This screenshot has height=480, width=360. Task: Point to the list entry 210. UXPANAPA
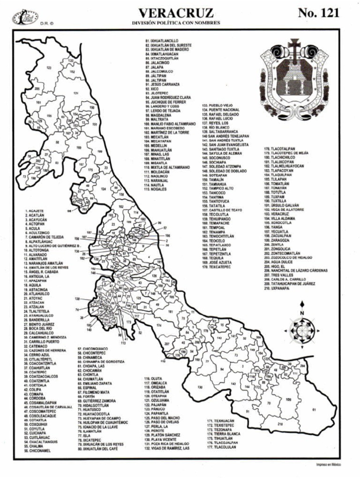tap(277, 288)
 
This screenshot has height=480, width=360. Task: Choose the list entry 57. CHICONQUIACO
tap(95, 349)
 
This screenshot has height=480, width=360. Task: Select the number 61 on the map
tap(314, 410)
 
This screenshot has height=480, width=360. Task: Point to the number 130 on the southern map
tap(200, 387)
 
